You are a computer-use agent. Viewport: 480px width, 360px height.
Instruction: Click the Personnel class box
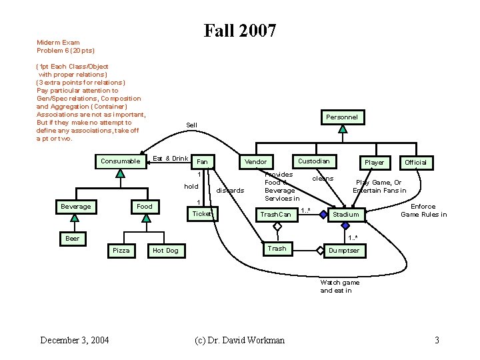point(342,117)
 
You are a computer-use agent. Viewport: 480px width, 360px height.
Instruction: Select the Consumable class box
point(120,161)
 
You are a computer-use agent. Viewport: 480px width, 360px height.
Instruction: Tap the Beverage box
point(76,206)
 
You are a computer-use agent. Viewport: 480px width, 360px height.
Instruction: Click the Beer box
point(72,238)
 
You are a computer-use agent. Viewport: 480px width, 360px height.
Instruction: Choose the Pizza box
point(121,250)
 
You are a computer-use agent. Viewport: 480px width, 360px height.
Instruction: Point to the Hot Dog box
point(165,250)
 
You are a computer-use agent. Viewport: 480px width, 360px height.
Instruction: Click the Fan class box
point(203,162)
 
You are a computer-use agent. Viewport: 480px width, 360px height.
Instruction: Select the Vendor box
point(255,161)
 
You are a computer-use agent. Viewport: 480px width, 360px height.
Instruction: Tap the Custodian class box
point(313,161)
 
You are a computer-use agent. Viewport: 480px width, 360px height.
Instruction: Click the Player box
point(374,162)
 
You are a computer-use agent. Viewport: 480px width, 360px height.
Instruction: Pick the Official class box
point(415,162)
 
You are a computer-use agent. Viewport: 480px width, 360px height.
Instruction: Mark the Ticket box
point(202,213)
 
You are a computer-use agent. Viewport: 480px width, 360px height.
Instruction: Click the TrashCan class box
point(275,214)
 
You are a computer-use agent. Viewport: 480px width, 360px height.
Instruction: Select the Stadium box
point(346,214)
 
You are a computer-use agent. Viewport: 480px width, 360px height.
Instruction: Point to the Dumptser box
point(344,250)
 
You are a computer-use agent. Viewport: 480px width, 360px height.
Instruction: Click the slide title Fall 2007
point(240,31)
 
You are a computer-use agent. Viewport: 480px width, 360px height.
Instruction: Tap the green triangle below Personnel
point(342,129)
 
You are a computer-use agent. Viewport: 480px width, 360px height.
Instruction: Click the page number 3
point(437,340)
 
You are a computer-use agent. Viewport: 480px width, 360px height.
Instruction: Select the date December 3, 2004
point(75,340)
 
